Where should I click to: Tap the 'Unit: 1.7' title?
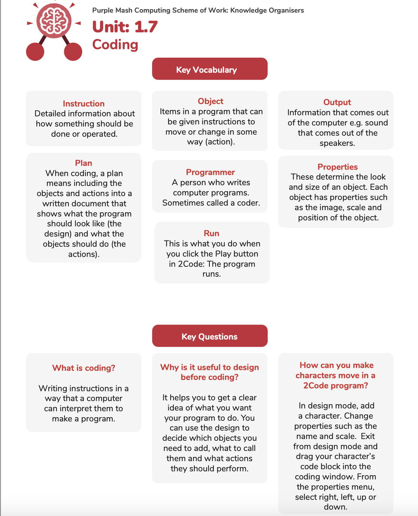coord(125,27)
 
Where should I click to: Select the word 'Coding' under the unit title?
coord(115,45)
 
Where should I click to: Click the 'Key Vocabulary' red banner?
coord(210,69)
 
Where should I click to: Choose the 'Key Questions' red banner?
coord(210,336)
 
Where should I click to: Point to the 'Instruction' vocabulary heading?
coord(84,104)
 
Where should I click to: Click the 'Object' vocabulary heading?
coord(210,101)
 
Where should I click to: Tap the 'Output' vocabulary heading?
coord(337,102)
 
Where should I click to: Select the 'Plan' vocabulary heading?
coord(84,163)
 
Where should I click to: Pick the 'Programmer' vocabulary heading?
coord(210,172)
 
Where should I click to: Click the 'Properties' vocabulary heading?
coord(338,167)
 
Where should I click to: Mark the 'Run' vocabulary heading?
coord(211,233)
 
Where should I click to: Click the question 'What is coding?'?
coord(84,368)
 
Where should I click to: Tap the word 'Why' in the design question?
coord(169,367)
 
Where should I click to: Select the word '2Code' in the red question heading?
coord(316,386)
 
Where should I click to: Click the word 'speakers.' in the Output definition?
coord(337,143)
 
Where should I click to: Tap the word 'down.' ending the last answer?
coord(335,507)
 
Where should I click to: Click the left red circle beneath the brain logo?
coord(35,52)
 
